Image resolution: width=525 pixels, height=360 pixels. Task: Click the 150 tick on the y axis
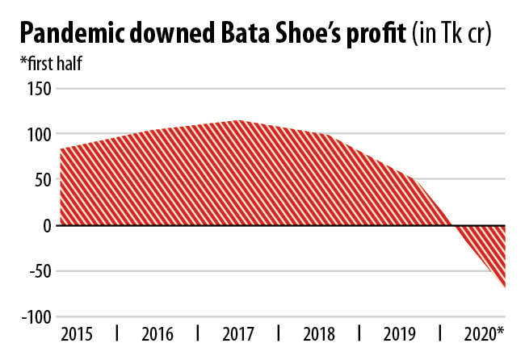pos(38,88)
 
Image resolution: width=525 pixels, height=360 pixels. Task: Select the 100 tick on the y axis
pos(38,134)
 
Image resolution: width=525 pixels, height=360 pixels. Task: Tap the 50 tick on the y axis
pos(42,180)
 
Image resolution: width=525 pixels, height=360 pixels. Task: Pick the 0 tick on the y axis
pos(46,226)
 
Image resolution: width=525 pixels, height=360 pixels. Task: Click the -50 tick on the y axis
pos(39,271)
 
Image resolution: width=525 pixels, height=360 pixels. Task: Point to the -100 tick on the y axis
pos(35,317)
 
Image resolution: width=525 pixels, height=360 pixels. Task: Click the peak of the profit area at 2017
pos(238,120)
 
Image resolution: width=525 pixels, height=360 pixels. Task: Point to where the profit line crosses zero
pos(452,225)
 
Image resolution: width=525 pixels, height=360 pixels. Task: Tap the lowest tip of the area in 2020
pos(506,287)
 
